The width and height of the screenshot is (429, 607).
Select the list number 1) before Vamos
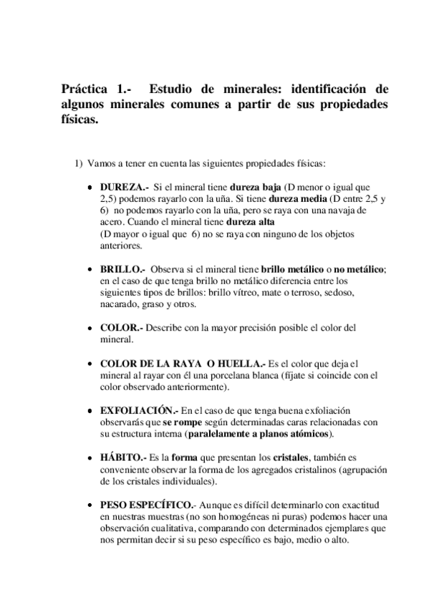[x=80, y=163]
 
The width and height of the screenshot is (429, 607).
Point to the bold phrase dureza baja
[x=256, y=186]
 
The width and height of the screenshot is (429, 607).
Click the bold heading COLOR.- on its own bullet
[x=122, y=328]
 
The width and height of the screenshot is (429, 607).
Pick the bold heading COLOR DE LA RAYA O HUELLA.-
[x=183, y=364]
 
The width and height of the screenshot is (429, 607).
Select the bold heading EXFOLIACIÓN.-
[x=140, y=411]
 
